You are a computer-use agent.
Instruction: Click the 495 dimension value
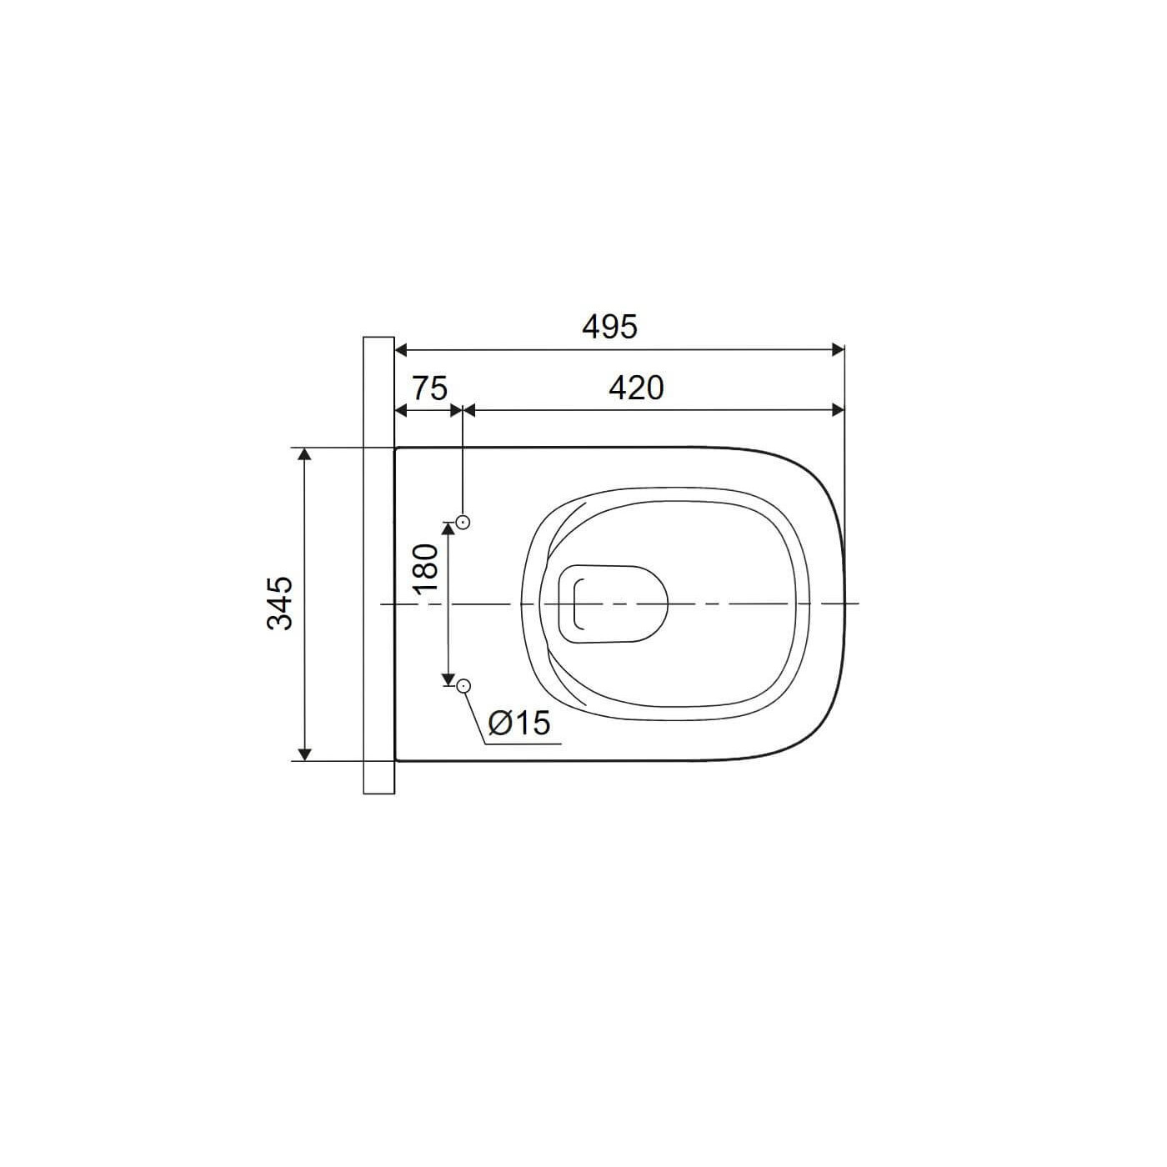coord(609,327)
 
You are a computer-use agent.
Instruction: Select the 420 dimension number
coord(636,388)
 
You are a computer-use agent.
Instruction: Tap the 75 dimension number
coord(429,388)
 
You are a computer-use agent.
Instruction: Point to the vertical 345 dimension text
coord(280,604)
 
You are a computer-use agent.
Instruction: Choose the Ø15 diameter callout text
coord(519,723)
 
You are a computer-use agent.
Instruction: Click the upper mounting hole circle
coord(464,522)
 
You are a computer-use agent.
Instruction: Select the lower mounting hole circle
coord(464,686)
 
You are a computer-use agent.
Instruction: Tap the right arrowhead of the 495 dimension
coord(839,350)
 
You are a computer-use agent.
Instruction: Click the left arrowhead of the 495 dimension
coord(401,350)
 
